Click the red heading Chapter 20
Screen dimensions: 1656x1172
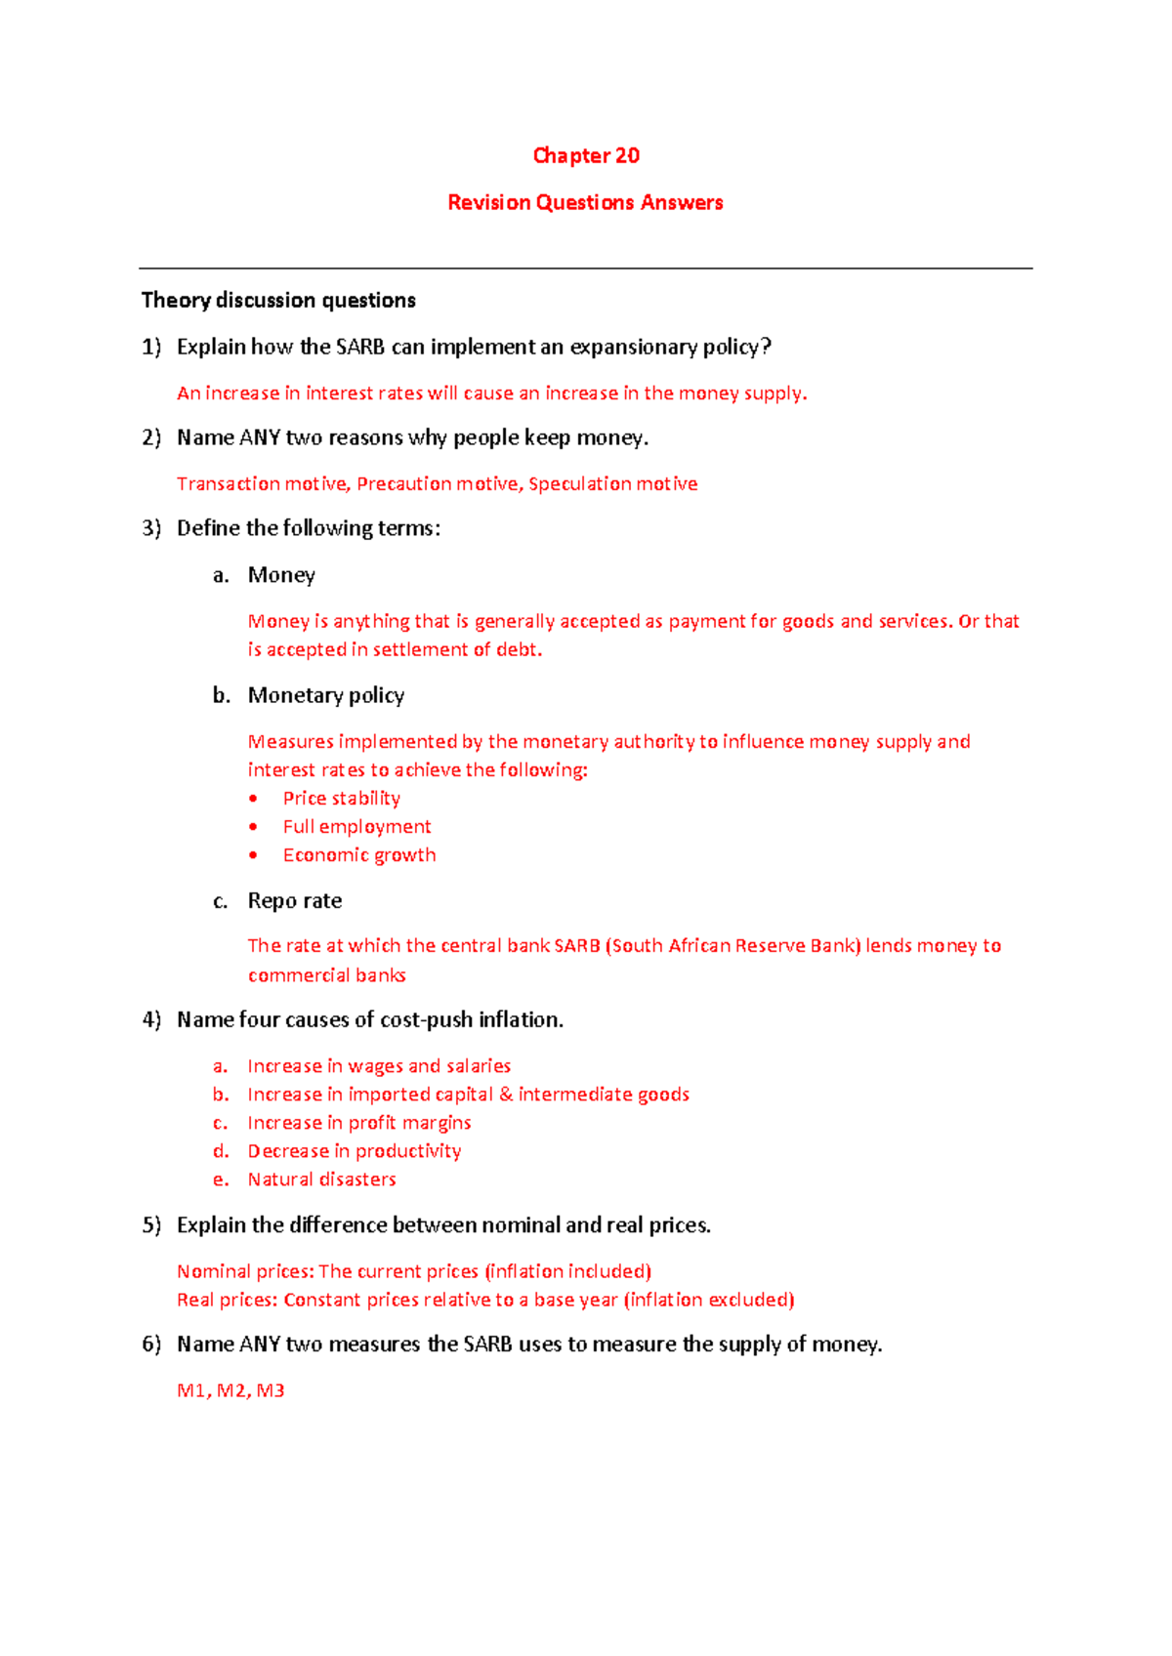pos(586,156)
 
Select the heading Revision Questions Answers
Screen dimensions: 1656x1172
pos(585,203)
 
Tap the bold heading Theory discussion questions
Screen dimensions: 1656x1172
pos(278,301)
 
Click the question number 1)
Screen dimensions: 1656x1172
pos(151,348)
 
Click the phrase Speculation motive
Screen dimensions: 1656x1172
pos(612,484)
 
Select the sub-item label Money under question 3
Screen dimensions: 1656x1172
pos(281,575)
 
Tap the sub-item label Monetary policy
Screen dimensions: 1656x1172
pos(326,695)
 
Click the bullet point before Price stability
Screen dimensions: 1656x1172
pos(254,799)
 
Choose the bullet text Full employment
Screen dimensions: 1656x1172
pos(356,827)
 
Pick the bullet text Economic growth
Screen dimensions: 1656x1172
pos(359,855)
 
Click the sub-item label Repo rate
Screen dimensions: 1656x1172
pos(295,901)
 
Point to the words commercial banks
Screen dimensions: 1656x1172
pos(326,975)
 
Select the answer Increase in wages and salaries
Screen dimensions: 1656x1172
pos(379,1066)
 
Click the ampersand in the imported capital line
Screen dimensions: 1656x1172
pos(506,1095)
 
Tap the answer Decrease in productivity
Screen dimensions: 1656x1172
pos(355,1151)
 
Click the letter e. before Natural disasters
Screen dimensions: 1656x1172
pos(221,1180)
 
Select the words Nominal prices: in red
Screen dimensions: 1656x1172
pos(245,1271)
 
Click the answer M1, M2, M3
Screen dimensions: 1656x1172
pos(230,1390)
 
